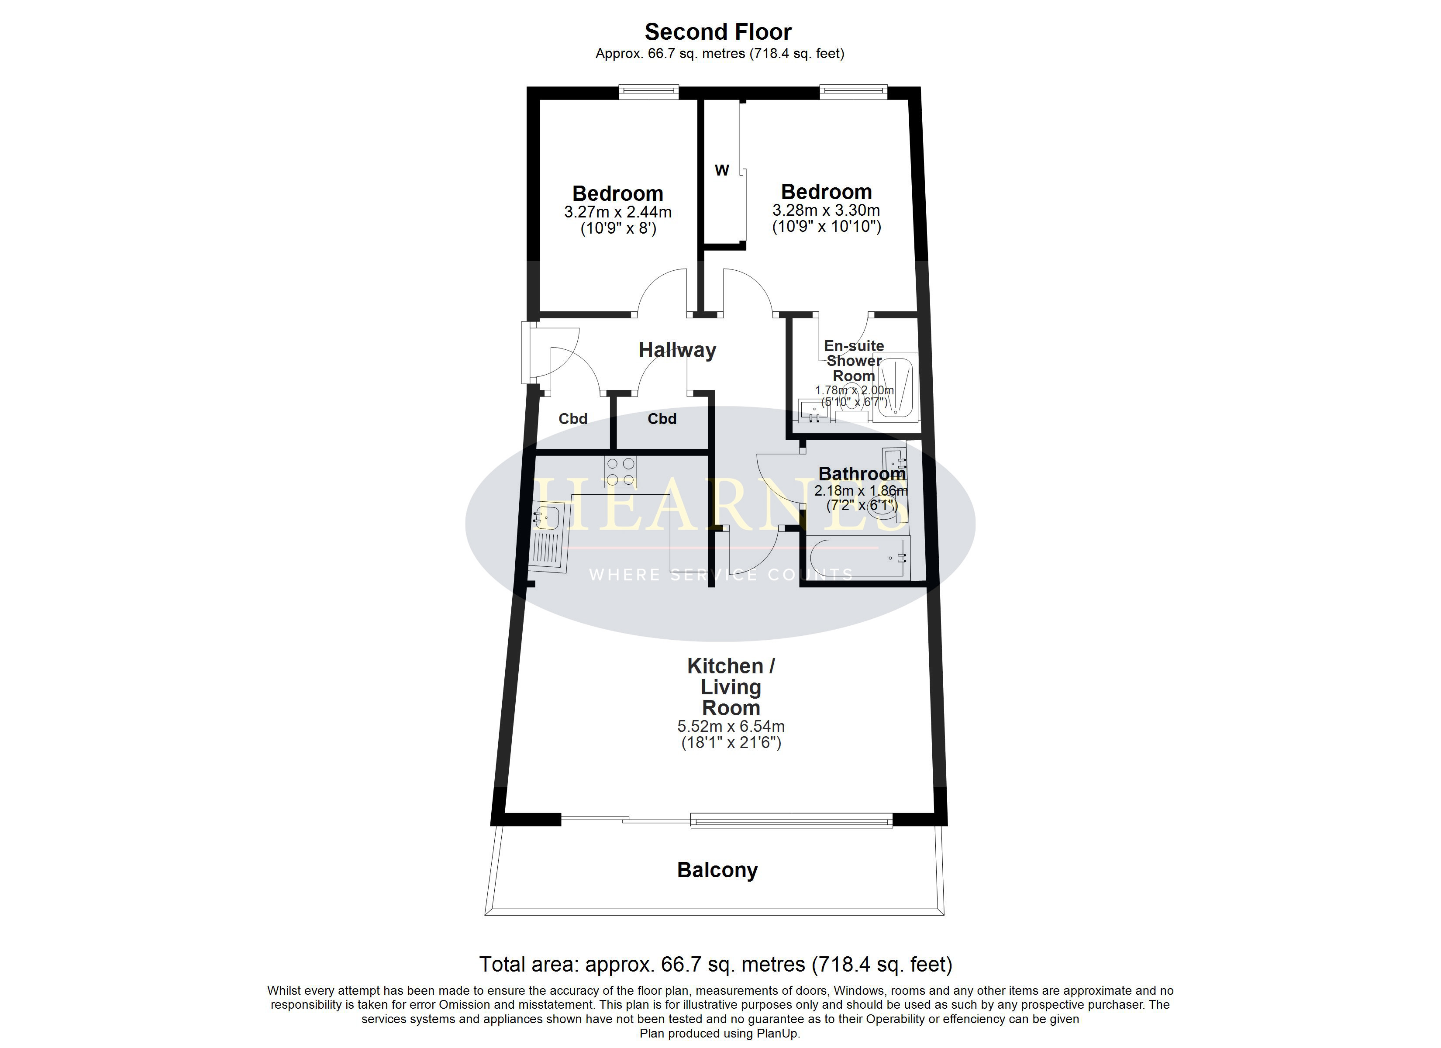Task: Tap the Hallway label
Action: click(x=677, y=350)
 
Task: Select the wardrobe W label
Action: click(x=722, y=170)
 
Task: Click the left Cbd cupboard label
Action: click(x=572, y=419)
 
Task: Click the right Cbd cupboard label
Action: click(x=662, y=419)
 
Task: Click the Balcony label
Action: click(x=717, y=870)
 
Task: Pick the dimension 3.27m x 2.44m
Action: click(x=617, y=212)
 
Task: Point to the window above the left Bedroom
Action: click(x=649, y=93)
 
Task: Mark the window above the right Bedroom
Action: click(x=853, y=93)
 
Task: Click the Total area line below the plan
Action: click(x=715, y=965)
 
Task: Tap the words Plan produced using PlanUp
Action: click(x=720, y=1034)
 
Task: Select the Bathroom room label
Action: click(x=862, y=474)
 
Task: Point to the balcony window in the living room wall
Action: click(x=791, y=821)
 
